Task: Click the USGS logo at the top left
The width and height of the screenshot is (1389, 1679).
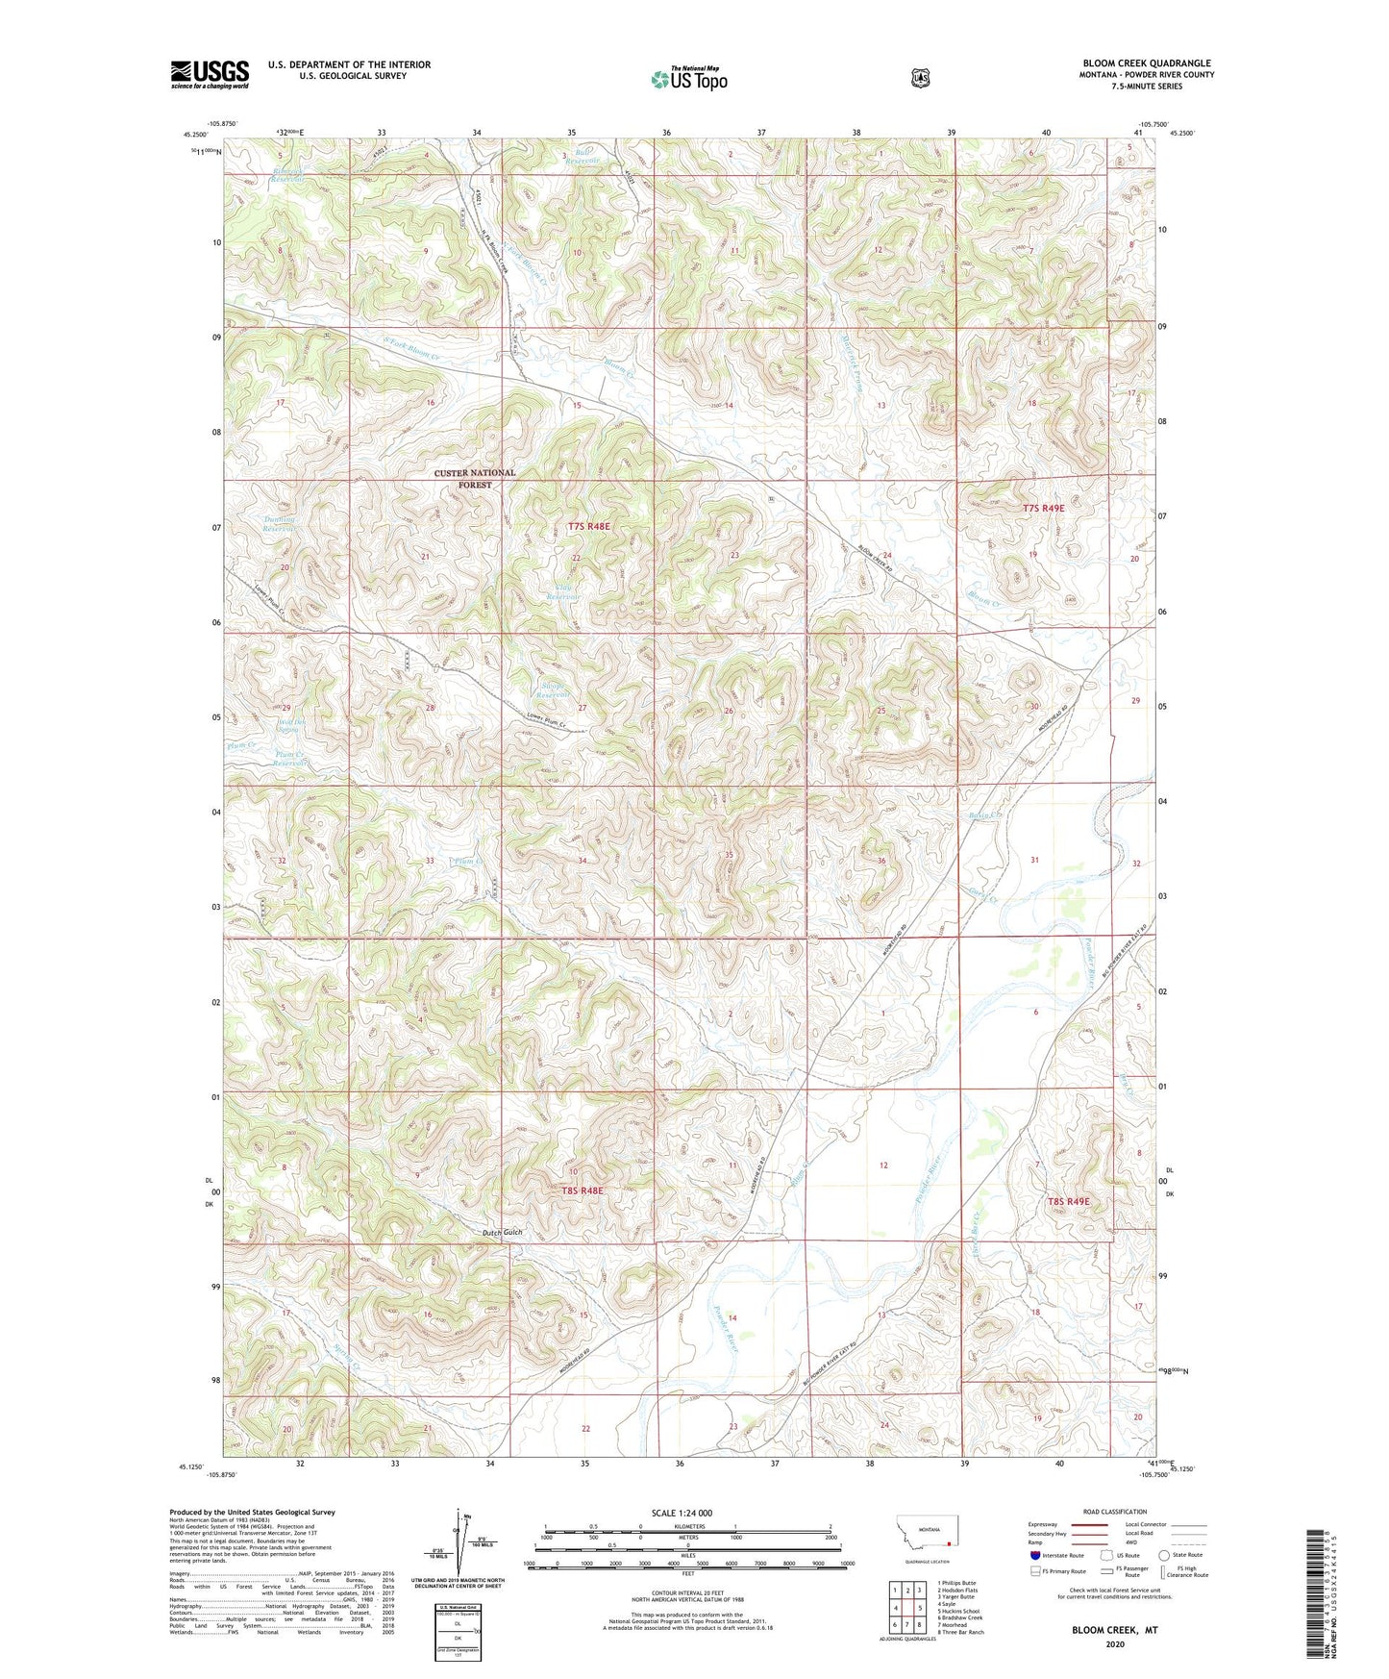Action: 210,74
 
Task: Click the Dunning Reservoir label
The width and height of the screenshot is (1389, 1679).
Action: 280,524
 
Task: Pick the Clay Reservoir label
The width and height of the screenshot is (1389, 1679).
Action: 563,591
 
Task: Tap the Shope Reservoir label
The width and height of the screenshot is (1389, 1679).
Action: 554,689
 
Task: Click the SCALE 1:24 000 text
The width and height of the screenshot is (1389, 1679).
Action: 682,1513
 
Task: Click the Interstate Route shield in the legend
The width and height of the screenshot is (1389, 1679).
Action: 1034,1554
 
